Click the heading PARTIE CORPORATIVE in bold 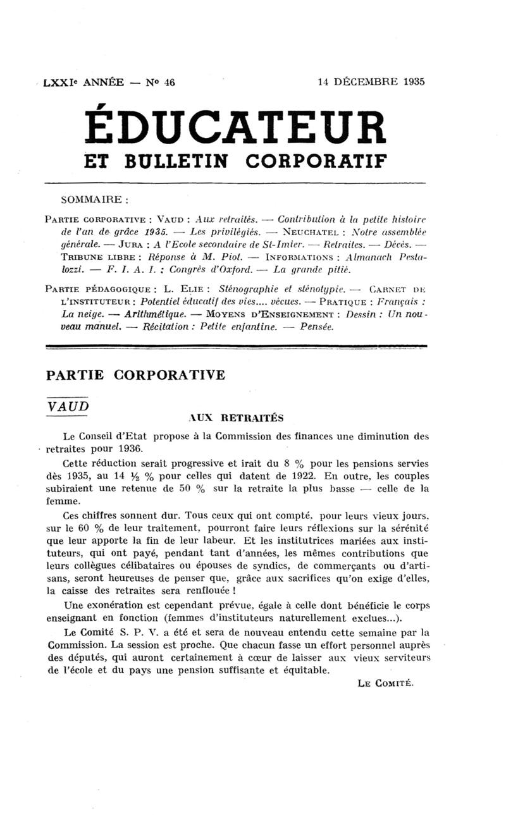[135, 375]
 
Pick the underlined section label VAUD [68, 405]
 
